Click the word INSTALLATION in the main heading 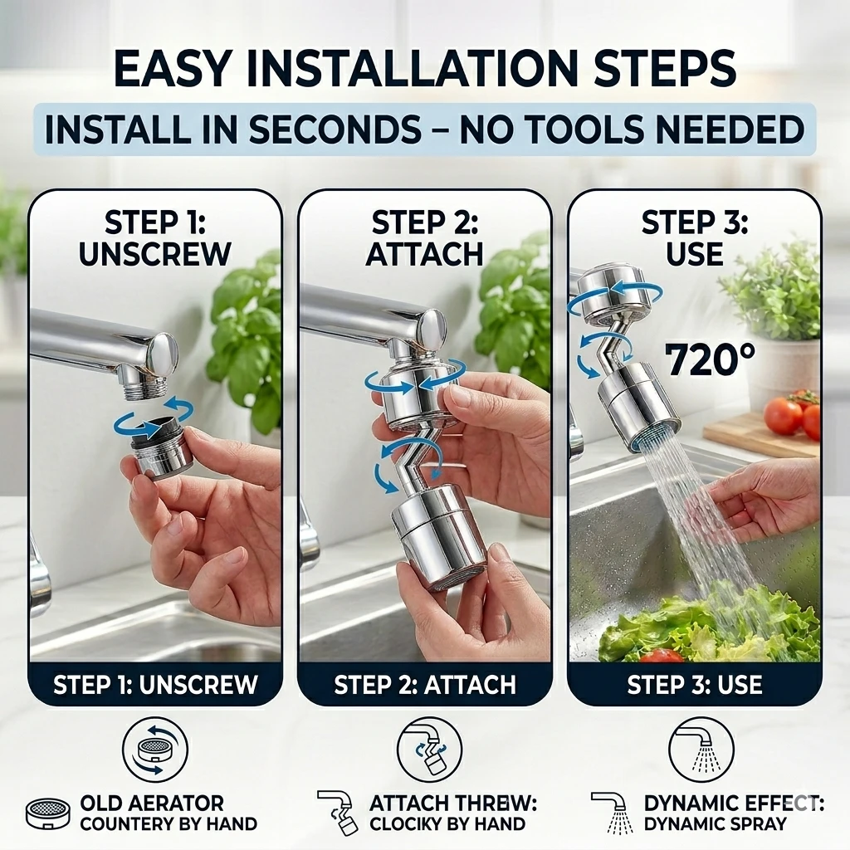point(405,68)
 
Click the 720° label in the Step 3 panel point(710,359)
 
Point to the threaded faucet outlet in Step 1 point(149,388)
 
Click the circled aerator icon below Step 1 point(155,750)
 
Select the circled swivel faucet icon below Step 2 point(429,750)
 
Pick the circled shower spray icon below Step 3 point(701,750)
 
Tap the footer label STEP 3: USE point(695,685)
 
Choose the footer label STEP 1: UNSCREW point(155,685)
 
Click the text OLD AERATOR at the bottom point(152,803)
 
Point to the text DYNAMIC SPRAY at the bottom point(715,824)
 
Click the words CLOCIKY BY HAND point(447,824)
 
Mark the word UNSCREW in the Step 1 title point(155,254)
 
